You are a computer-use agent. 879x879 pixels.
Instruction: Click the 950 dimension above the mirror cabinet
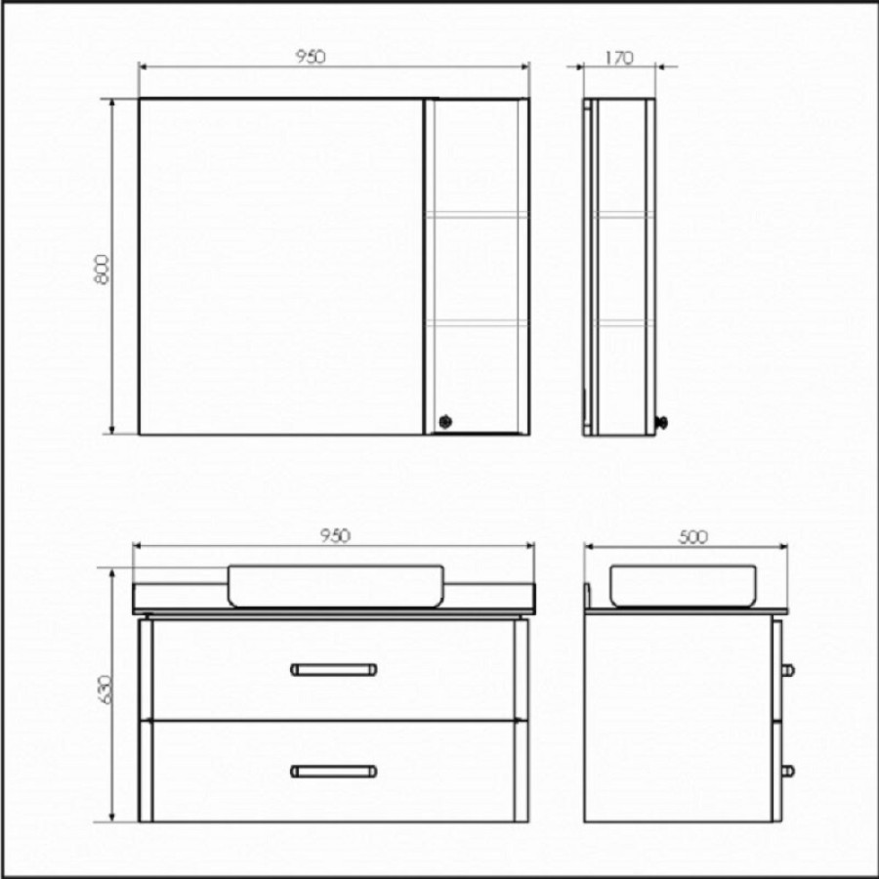click(x=310, y=57)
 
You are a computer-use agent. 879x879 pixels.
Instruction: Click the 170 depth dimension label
click(x=619, y=58)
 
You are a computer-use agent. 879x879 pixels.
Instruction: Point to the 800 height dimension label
click(x=103, y=270)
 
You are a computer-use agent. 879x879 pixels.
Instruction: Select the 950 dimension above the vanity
click(x=335, y=536)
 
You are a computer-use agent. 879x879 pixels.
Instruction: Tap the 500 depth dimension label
click(x=693, y=536)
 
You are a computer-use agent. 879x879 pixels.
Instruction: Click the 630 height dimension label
click(x=105, y=690)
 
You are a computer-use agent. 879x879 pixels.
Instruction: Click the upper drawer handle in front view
click(x=334, y=669)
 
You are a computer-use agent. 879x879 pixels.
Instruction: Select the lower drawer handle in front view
click(x=334, y=772)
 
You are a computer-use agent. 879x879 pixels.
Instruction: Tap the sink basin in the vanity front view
click(x=336, y=586)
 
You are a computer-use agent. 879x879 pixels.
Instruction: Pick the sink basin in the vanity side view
click(x=683, y=586)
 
